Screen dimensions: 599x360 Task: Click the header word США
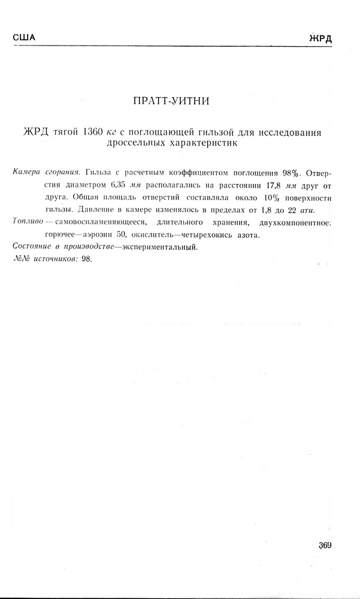[24, 38]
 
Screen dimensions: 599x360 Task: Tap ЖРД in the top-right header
[320, 38]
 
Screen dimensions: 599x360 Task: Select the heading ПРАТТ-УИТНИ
[171, 101]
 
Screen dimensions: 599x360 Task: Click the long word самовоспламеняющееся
[97, 223]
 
